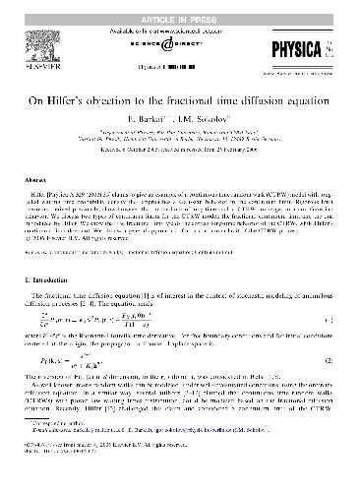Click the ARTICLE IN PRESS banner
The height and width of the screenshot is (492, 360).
(x=180, y=8)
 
